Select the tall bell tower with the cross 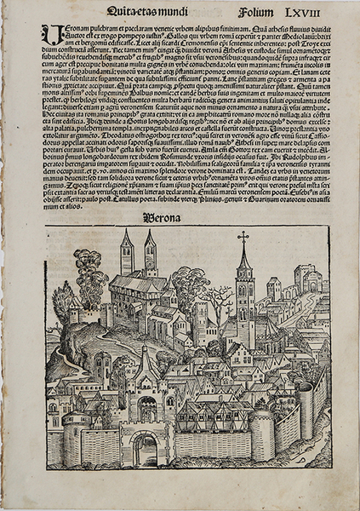point(244,298)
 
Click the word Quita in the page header point(120,12)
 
